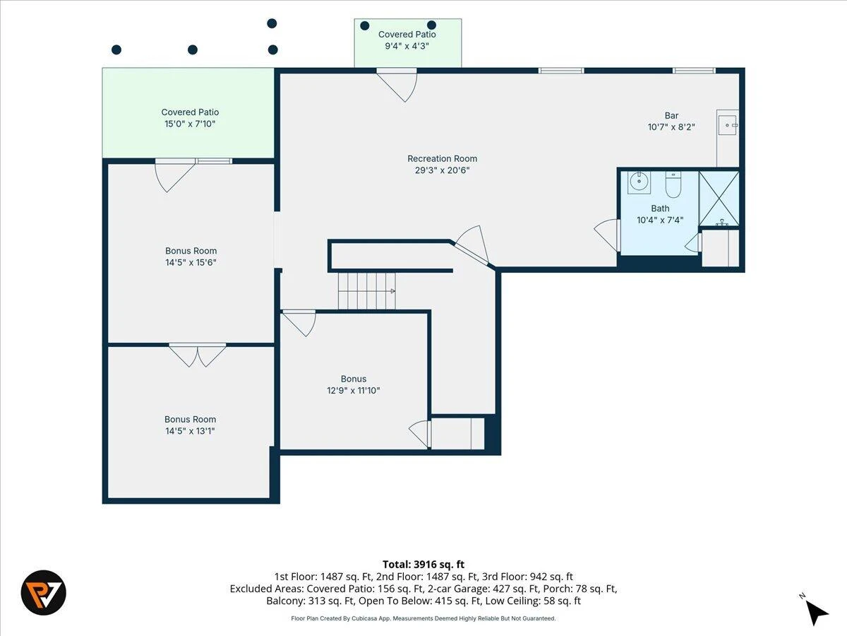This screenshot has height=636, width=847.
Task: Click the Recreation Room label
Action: point(443,159)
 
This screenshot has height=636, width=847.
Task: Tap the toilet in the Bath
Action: point(673,184)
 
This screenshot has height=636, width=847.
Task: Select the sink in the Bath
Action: point(639,182)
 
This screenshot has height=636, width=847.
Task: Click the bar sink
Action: point(728,125)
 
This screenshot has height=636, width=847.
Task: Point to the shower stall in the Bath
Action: point(719,199)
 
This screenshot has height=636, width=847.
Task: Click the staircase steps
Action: point(366,291)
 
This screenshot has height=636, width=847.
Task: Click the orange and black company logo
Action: point(44,592)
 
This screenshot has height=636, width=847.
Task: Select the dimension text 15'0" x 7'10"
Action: point(190,124)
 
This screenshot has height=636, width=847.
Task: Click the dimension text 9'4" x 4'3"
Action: point(407,46)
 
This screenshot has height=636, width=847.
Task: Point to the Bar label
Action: point(671,115)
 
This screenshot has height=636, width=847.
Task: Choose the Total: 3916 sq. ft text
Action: point(423,565)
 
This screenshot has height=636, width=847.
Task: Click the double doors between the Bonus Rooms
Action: point(198,355)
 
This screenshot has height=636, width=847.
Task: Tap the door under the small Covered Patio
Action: point(397,85)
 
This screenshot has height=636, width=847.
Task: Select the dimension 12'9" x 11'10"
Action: point(354,390)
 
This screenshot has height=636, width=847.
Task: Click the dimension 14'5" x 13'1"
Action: point(191,431)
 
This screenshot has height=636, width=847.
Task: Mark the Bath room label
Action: point(660,208)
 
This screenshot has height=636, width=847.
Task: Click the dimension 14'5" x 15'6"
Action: point(191,263)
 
